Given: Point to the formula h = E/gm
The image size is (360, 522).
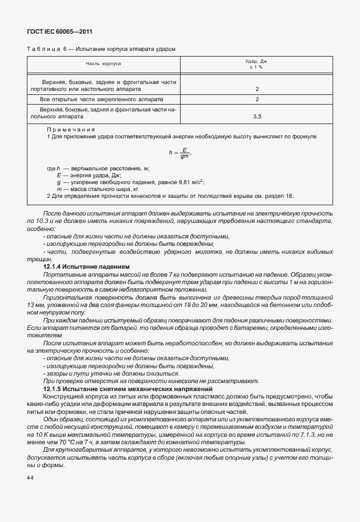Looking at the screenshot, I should click(179, 153).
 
